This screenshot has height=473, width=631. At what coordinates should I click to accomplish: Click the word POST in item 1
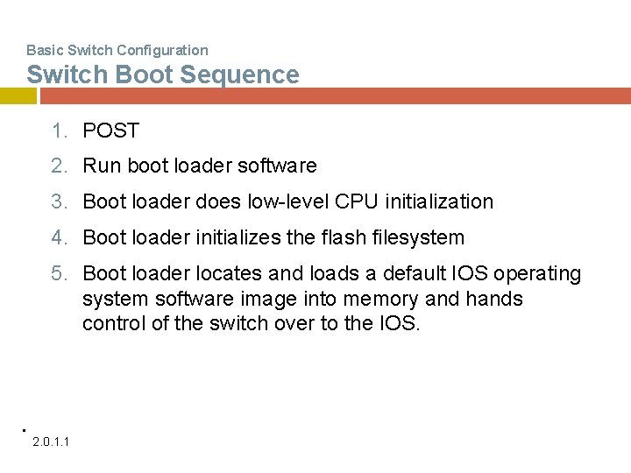110,131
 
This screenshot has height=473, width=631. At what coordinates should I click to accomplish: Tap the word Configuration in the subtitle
164,50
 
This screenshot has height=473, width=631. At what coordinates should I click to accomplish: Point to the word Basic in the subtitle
44,50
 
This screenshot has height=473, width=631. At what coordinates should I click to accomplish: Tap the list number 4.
58,237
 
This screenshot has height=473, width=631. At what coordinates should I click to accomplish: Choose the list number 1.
58,131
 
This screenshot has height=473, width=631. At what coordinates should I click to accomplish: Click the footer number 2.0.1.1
52,440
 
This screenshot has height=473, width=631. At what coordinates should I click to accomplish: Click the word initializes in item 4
245,237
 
